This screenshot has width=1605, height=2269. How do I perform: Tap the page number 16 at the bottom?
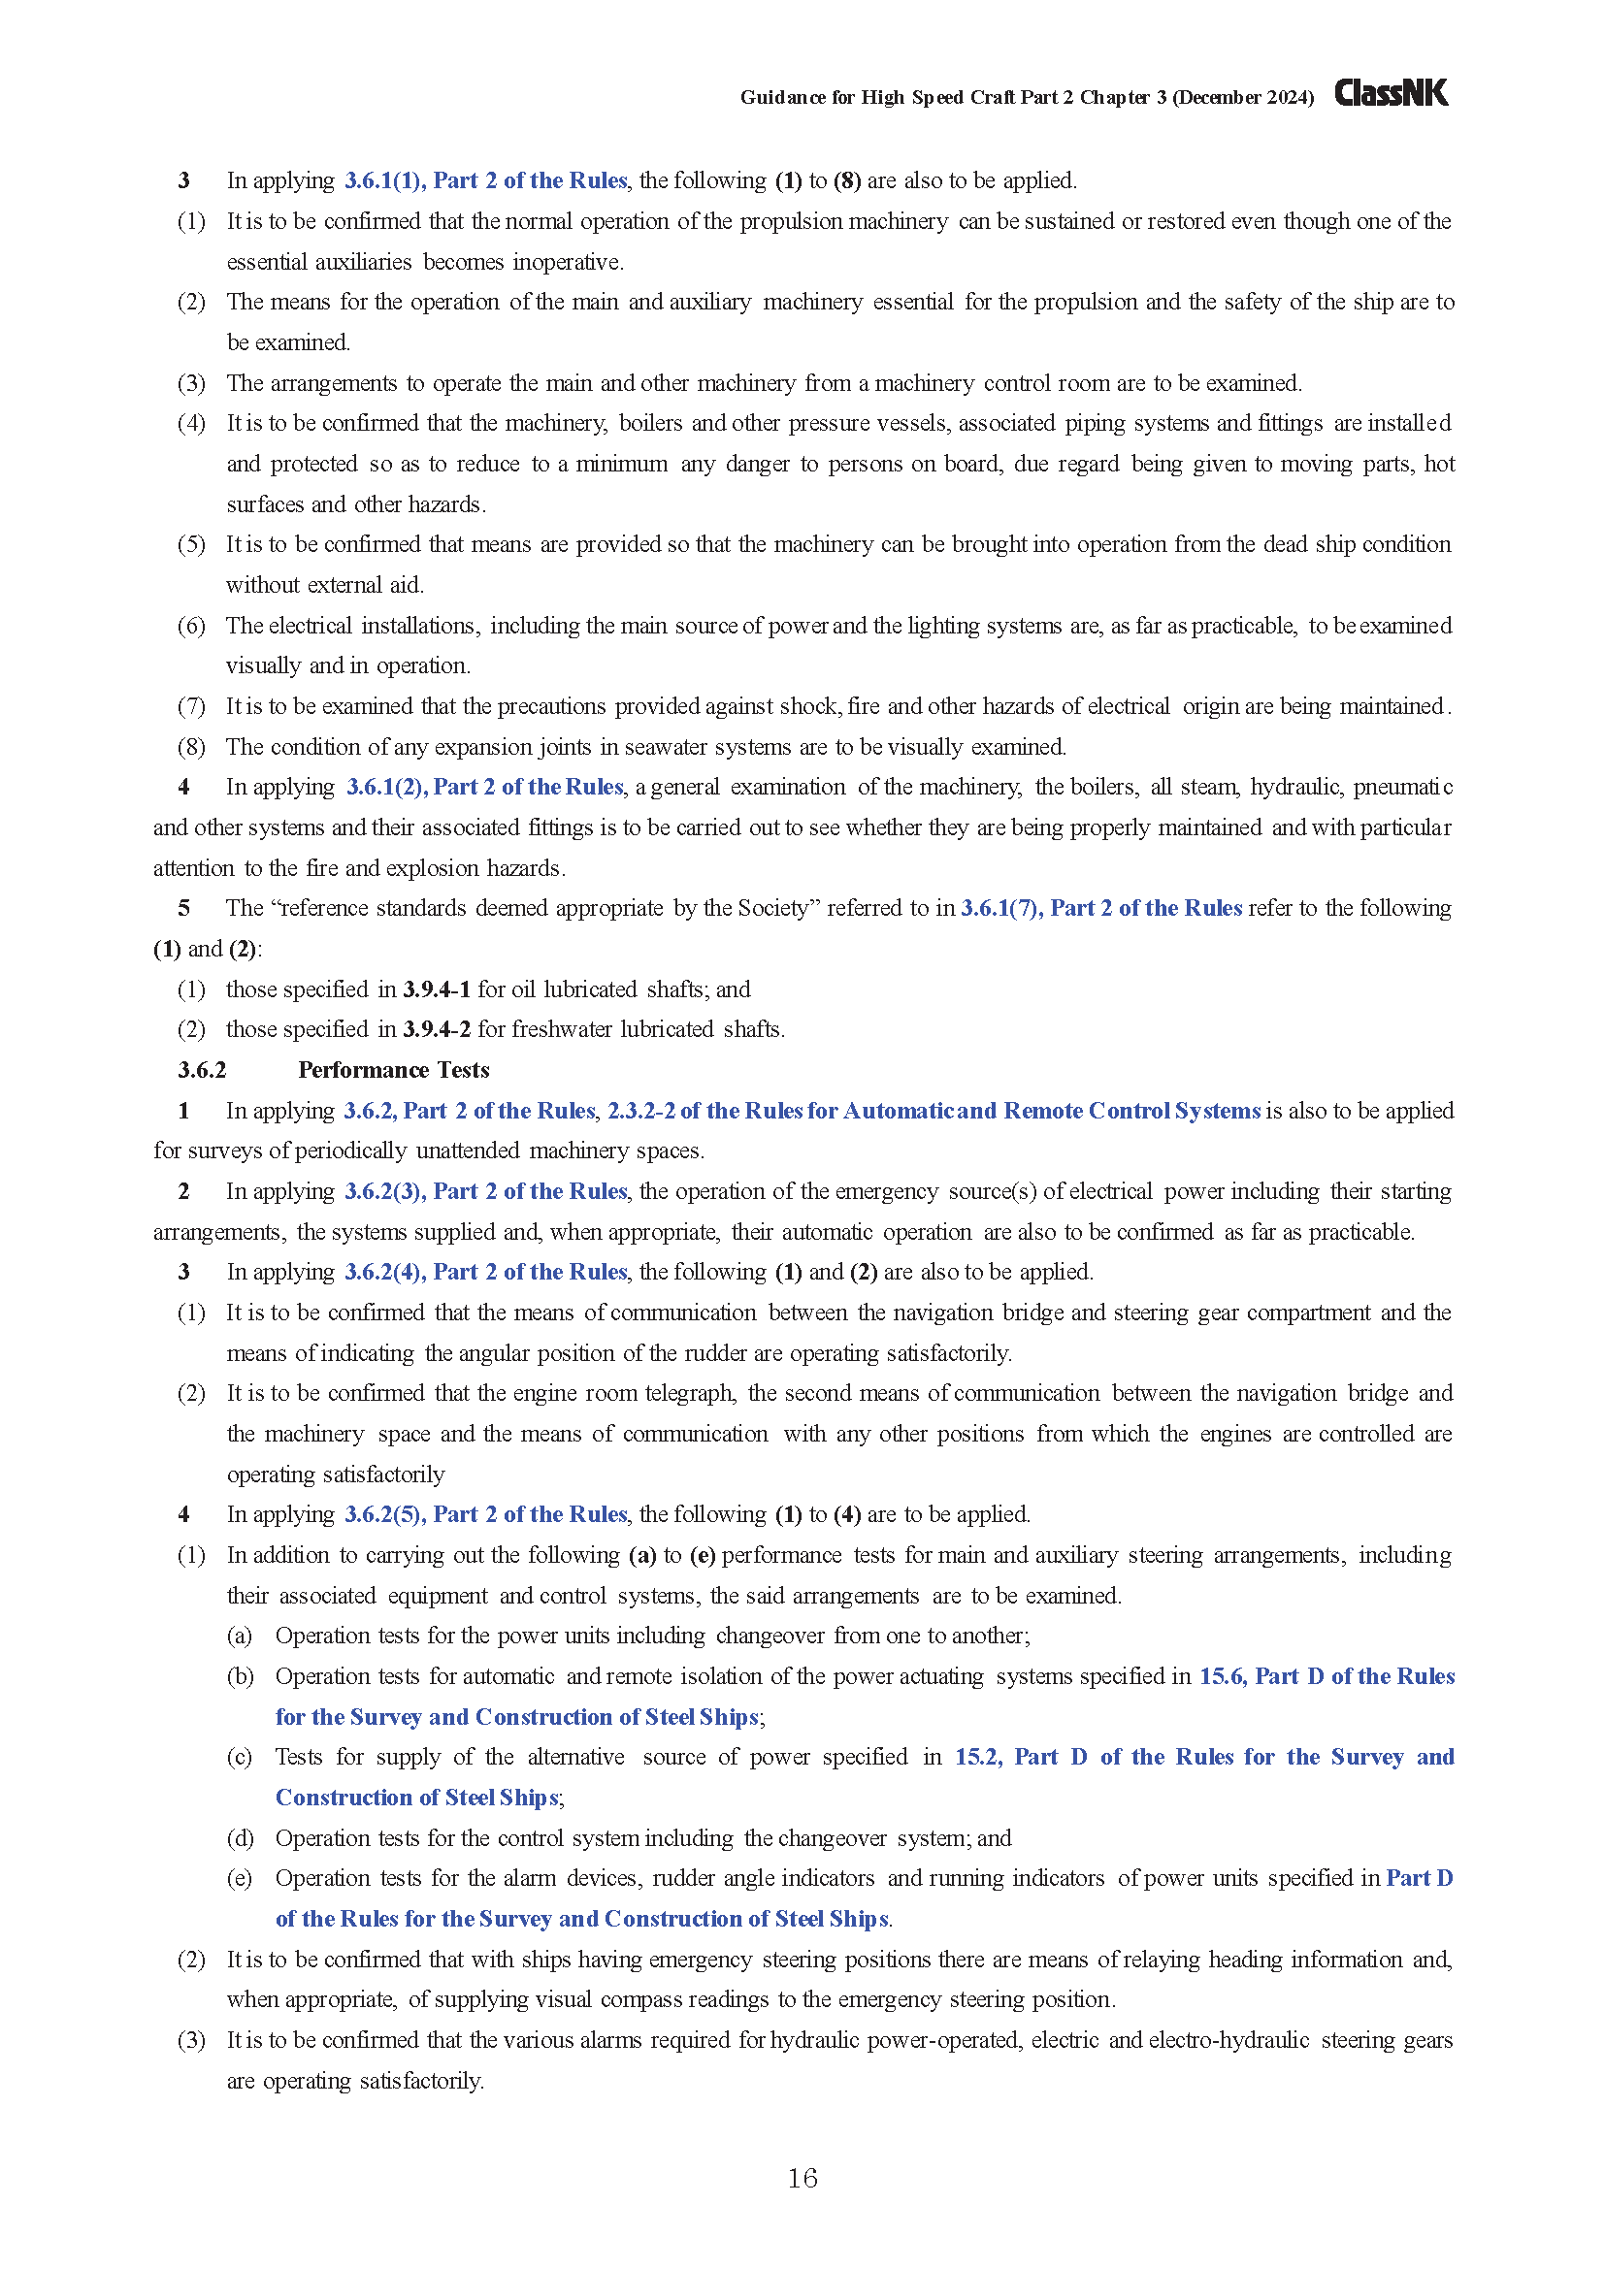802,2178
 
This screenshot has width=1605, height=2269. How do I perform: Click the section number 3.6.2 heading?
202,1070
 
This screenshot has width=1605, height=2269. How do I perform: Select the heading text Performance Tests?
393,1070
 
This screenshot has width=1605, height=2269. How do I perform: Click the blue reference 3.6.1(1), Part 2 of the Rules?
485,180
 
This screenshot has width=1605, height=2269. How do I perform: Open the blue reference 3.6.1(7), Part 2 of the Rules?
1101,908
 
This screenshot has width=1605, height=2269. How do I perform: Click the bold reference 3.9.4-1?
436,989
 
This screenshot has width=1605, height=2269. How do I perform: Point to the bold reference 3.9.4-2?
436,1030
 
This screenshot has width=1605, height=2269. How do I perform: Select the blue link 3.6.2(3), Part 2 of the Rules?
485,1192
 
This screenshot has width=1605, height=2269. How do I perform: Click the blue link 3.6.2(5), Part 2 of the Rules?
485,1515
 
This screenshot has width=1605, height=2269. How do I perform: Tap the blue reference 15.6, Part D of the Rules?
1327,1677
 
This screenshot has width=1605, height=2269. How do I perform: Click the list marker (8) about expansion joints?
191,747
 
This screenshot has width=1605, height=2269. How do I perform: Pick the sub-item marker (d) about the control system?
240,1838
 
